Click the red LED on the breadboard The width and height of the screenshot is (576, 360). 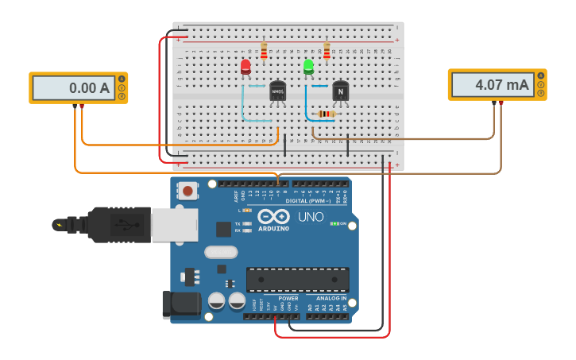(x=245, y=67)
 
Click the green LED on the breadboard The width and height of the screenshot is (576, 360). (x=308, y=67)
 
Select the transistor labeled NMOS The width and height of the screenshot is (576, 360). (x=277, y=91)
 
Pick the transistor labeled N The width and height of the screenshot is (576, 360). (x=341, y=91)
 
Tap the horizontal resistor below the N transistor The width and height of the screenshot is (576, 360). (x=326, y=114)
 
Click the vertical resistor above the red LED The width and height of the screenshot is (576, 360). (x=264, y=51)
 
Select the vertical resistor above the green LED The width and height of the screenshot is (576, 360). (x=326, y=51)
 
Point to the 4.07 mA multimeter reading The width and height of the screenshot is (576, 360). (x=490, y=84)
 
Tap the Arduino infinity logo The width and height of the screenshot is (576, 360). (x=273, y=217)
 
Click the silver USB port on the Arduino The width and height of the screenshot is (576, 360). (x=174, y=225)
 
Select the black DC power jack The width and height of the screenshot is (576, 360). (x=180, y=305)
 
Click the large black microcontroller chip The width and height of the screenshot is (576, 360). (x=297, y=279)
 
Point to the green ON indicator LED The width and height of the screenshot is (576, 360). (x=334, y=223)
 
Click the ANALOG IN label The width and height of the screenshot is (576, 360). (x=326, y=299)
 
